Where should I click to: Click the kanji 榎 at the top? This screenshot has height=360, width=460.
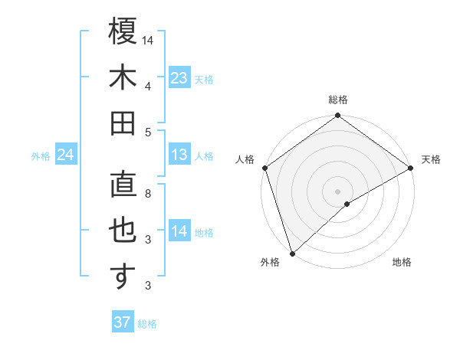tap(123, 32)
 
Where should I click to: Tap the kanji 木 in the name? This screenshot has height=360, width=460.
tap(123, 79)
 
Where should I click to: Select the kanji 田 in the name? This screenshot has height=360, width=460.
tap(123, 124)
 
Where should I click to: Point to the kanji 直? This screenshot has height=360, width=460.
tap(123, 186)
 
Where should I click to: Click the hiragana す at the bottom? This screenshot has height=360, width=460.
tap(123, 277)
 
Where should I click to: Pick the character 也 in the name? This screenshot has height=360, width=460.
tap(123, 231)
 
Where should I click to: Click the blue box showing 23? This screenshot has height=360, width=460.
tap(179, 78)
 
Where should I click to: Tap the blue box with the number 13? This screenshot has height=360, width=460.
tap(179, 155)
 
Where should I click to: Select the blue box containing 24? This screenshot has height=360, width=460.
tap(65, 155)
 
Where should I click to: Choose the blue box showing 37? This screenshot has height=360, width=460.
tap(123, 322)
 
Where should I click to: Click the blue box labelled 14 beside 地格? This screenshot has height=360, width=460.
tap(179, 231)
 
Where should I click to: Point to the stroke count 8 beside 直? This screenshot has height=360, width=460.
tap(148, 194)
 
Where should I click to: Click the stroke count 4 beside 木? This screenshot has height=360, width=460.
tap(148, 86)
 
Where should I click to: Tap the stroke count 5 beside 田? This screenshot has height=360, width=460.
tap(148, 132)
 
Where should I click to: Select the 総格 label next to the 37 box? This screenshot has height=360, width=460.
tap(147, 324)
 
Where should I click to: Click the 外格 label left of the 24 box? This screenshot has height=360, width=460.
tap(41, 156)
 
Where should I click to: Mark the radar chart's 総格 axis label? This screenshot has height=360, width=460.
tap(338, 100)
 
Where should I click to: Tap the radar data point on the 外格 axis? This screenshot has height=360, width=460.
tap(292, 254)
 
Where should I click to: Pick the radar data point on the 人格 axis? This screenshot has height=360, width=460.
tap(264, 168)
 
